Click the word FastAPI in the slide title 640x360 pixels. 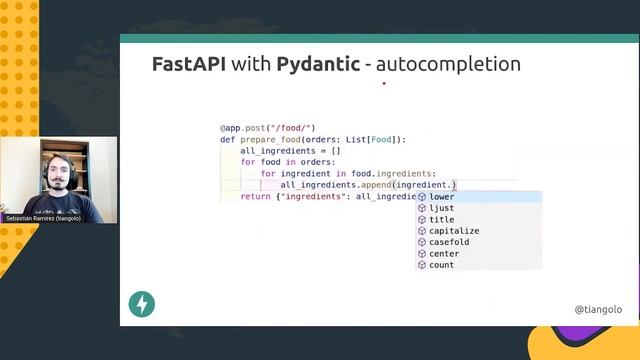188,64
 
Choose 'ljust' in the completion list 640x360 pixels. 441,208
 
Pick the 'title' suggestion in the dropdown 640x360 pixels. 441,219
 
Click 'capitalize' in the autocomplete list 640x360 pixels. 454,231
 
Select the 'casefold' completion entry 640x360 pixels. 449,242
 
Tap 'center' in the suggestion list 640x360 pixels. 444,254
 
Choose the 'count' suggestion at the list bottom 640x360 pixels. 441,265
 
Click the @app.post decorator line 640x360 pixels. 267,128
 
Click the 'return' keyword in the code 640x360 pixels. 255,196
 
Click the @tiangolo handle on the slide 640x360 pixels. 598,310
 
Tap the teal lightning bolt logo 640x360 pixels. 142,304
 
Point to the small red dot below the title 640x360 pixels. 384,84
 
